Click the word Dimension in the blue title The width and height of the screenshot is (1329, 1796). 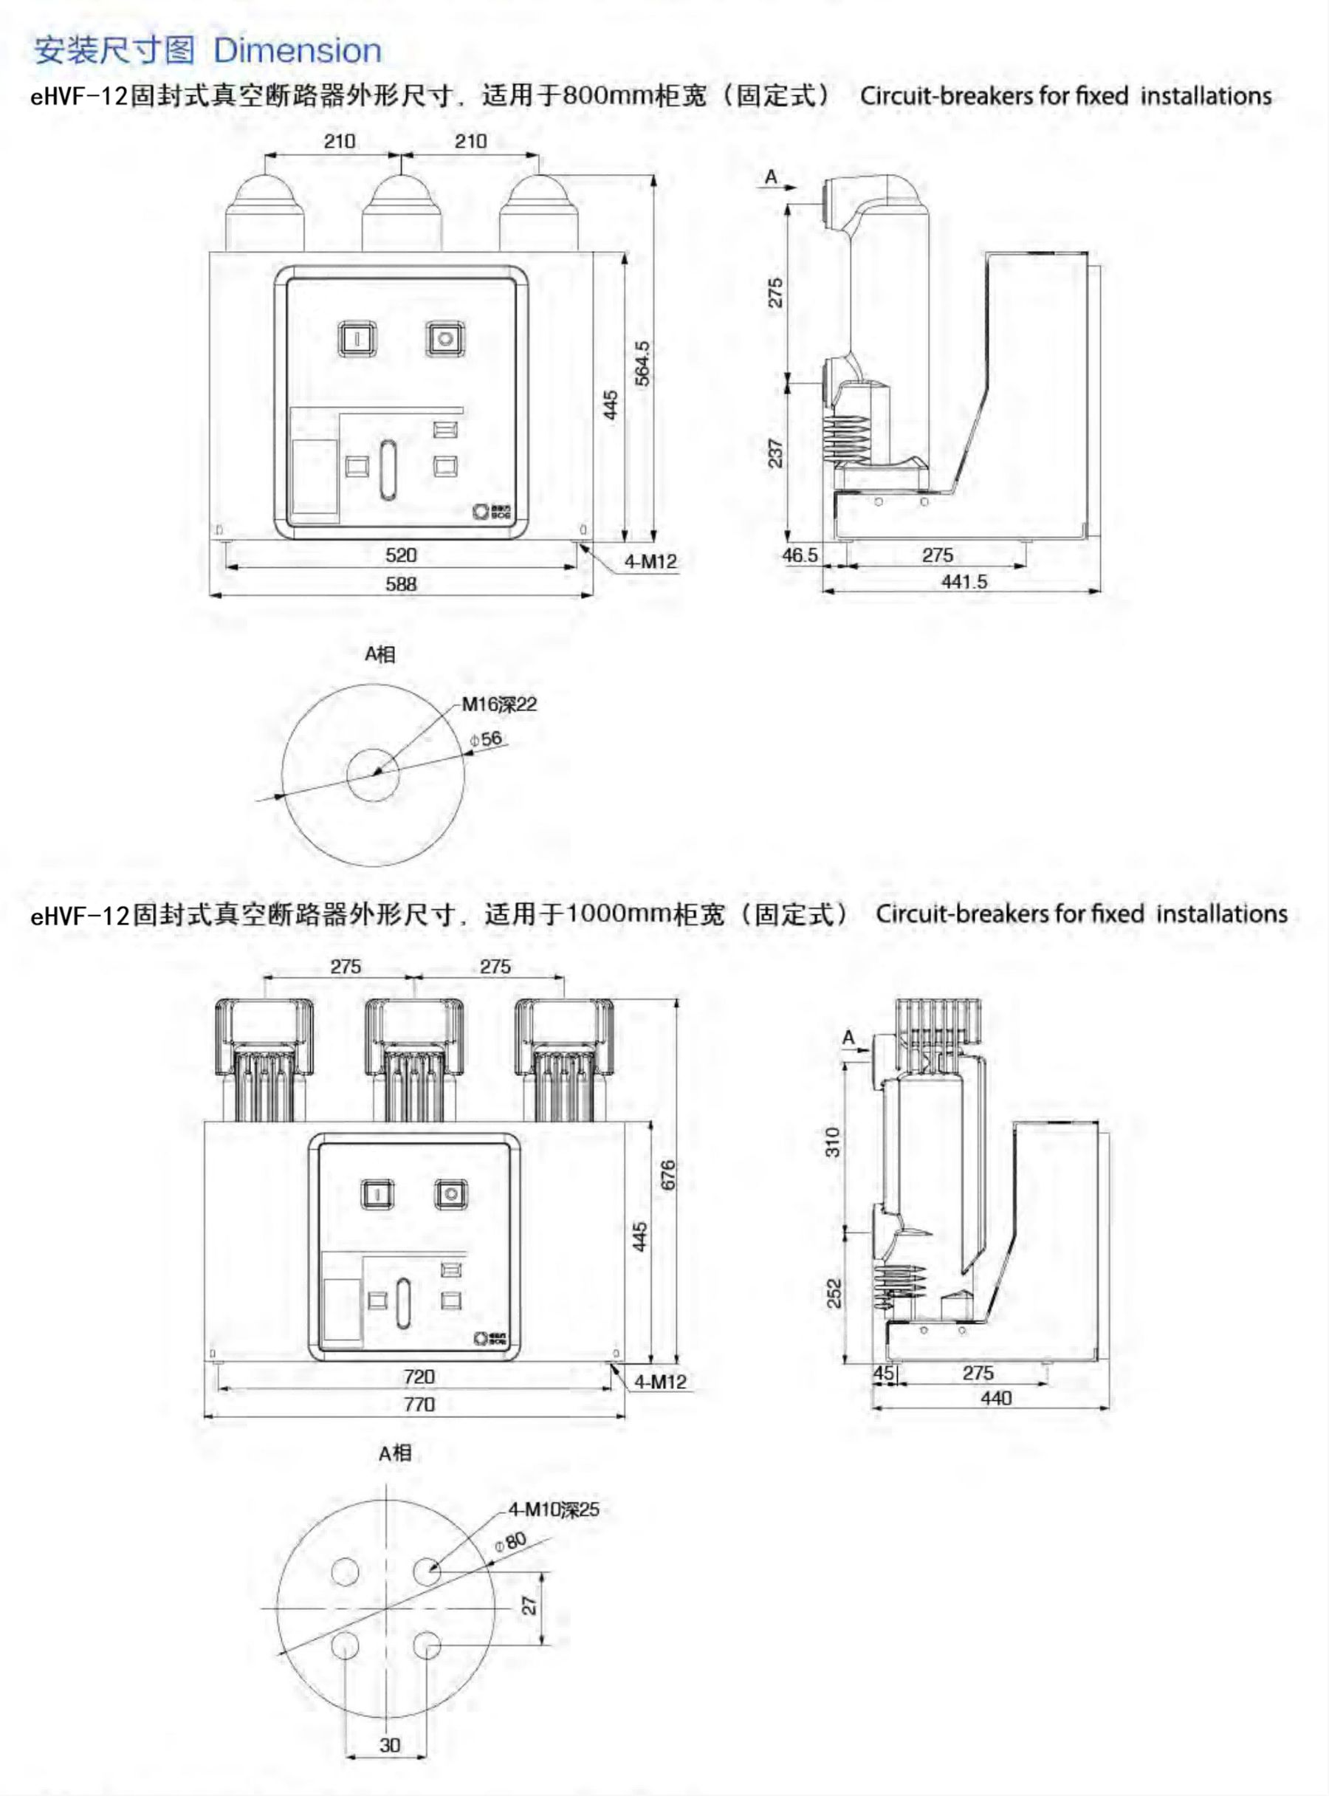[x=297, y=51]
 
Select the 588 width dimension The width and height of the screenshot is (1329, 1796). [x=401, y=584]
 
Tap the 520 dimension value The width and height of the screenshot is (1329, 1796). [x=401, y=555]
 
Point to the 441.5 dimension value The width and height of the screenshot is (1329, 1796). [x=964, y=582]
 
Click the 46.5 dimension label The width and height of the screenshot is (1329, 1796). [x=800, y=555]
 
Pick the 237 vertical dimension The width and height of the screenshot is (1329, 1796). [x=775, y=453]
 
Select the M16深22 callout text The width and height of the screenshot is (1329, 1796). [x=499, y=705]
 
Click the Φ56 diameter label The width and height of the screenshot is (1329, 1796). [x=487, y=738]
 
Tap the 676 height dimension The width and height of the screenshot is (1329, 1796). [x=667, y=1175]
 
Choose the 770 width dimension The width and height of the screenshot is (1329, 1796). [x=419, y=1404]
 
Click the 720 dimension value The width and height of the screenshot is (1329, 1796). [x=419, y=1377]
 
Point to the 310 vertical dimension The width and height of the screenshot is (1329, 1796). [x=833, y=1142]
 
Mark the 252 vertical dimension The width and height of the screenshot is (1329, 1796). [x=834, y=1293]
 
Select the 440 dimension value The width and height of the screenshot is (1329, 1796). [x=996, y=1399]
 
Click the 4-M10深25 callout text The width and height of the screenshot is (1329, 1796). [x=554, y=1509]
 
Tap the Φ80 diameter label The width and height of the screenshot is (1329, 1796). [x=511, y=1542]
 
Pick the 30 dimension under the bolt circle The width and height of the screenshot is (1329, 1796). [x=389, y=1745]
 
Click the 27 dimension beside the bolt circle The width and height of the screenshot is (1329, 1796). [x=529, y=1605]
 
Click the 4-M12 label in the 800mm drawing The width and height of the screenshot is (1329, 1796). [x=650, y=562]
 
